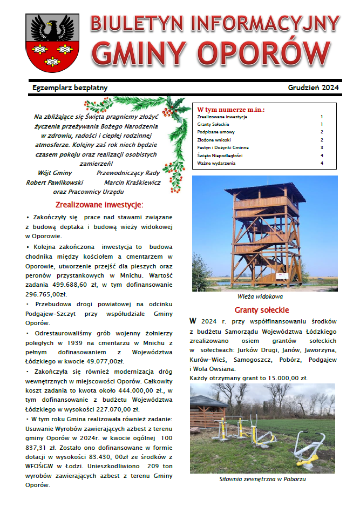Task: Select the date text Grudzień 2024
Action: (x=313, y=87)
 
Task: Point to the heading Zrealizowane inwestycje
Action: (x=99, y=205)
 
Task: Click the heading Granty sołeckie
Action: (x=262, y=311)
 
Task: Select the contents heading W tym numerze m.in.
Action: (x=231, y=109)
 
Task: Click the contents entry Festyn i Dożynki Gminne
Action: (x=223, y=147)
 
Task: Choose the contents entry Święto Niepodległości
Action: (x=220, y=155)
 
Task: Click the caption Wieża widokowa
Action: (x=260, y=296)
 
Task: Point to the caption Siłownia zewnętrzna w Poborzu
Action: (x=262, y=478)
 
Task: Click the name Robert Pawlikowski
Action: (x=55, y=183)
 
